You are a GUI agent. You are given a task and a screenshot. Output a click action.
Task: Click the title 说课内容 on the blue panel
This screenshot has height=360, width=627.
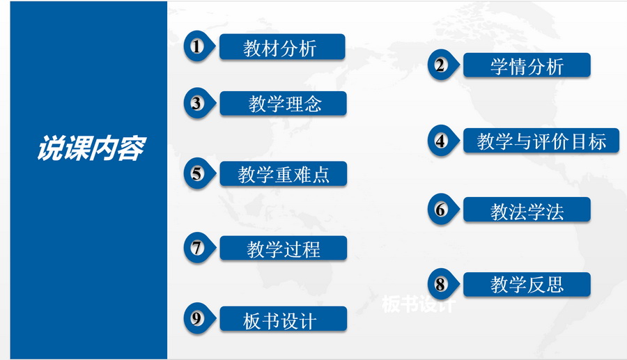click(x=91, y=148)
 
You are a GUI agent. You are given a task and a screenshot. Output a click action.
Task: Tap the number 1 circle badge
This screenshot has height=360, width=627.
click(x=199, y=47)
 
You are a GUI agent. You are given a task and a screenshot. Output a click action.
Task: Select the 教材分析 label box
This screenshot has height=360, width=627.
click(x=282, y=47)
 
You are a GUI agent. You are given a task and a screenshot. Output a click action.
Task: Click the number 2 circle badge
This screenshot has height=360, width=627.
click(x=442, y=65)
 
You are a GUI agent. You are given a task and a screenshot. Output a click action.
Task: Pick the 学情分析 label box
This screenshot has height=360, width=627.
click(x=527, y=65)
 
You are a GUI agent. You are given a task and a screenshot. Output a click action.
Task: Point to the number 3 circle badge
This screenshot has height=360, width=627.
click(x=199, y=104)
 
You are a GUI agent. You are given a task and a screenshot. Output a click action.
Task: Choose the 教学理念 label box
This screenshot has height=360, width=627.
click(x=283, y=104)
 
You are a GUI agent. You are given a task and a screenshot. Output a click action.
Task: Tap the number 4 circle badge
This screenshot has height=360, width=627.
click(x=442, y=141)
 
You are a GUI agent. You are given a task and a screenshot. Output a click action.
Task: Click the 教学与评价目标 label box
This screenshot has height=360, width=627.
click(x=541, y=141)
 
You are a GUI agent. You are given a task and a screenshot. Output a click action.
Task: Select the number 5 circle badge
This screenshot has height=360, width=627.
click(x=199, y=174)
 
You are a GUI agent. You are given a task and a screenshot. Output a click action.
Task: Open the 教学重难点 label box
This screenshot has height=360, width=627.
click(x=283, y=174)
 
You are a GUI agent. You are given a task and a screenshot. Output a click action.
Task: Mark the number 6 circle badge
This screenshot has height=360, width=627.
click(x=442, y=210)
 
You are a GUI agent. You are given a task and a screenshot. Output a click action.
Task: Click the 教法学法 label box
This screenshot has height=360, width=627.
click(x=527, y=210)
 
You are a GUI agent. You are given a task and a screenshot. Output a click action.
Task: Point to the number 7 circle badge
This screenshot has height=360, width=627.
click(x=199, y=248)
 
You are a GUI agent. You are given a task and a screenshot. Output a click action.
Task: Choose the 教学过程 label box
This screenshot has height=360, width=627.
click(x=283, y=249)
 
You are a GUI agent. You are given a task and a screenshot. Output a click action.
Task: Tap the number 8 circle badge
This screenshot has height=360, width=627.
click(x=442, y=285)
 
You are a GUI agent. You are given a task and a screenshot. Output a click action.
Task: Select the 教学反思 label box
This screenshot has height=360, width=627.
click(x=527, y=285)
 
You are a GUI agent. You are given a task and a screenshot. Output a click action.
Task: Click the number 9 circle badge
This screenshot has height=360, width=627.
click(x=199, y=319)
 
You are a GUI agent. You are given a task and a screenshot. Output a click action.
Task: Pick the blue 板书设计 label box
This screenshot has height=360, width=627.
click(x=283, y=319)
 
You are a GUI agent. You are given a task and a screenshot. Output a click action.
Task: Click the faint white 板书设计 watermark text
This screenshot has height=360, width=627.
click(x=418, y=304)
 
